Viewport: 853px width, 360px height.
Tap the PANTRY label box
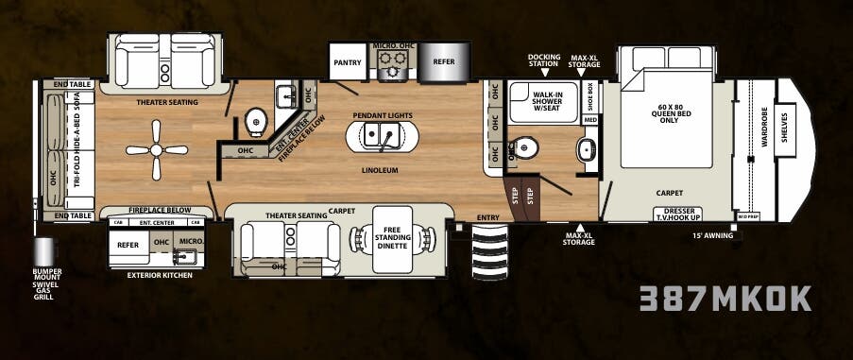click(x=343, y=62)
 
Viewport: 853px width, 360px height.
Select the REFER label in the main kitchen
click(x=444, y=62)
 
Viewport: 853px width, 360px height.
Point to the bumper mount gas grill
click(x=43, y=253)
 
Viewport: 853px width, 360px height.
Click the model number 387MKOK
click(x=725, y=299)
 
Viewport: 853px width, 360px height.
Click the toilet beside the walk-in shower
click(x=525, y=149)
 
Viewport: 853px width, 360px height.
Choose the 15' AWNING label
click(x=712, y=235)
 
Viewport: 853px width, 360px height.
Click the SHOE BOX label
click(x=590, y=100)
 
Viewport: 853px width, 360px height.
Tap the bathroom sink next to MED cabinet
click(x=585, y=149)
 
